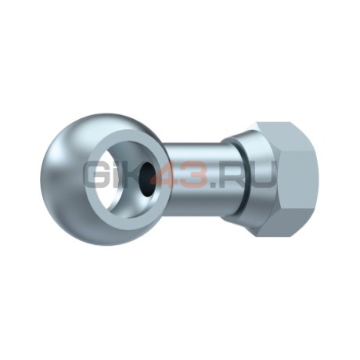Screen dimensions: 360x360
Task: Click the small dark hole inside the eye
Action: tap(146, 179)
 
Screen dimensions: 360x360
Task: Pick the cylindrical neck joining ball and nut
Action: tap(193, 180)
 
